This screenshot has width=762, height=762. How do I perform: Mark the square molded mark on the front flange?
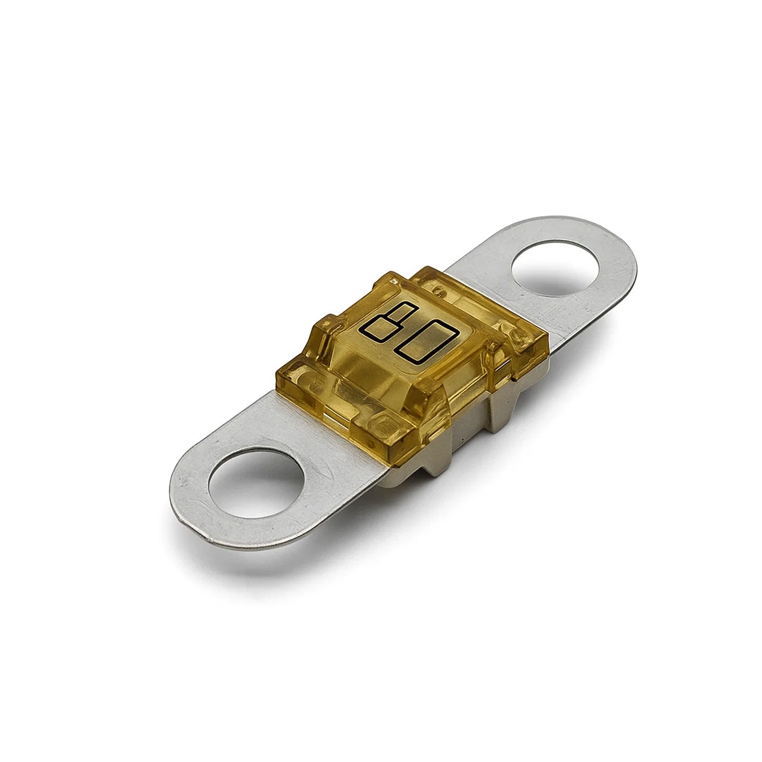(383, 424)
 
